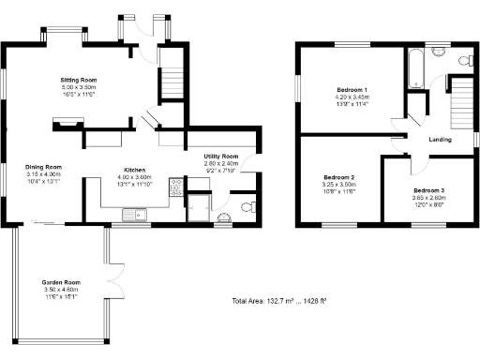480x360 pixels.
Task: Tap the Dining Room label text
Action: point(43,167)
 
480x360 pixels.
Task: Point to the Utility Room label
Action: point(221,156)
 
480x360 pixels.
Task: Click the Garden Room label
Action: point(60,282)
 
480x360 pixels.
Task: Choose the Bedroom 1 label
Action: point(352,89)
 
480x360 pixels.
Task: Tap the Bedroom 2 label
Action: point(338,177)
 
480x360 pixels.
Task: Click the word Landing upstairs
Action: point(441,141)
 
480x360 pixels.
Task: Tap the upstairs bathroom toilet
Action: point(464,62)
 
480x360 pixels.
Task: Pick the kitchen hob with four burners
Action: point(174,187)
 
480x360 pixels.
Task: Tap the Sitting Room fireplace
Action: point(63,123)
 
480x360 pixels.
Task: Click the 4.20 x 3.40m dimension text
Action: point(352,97)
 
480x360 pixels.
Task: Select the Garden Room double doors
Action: point(112,278)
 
